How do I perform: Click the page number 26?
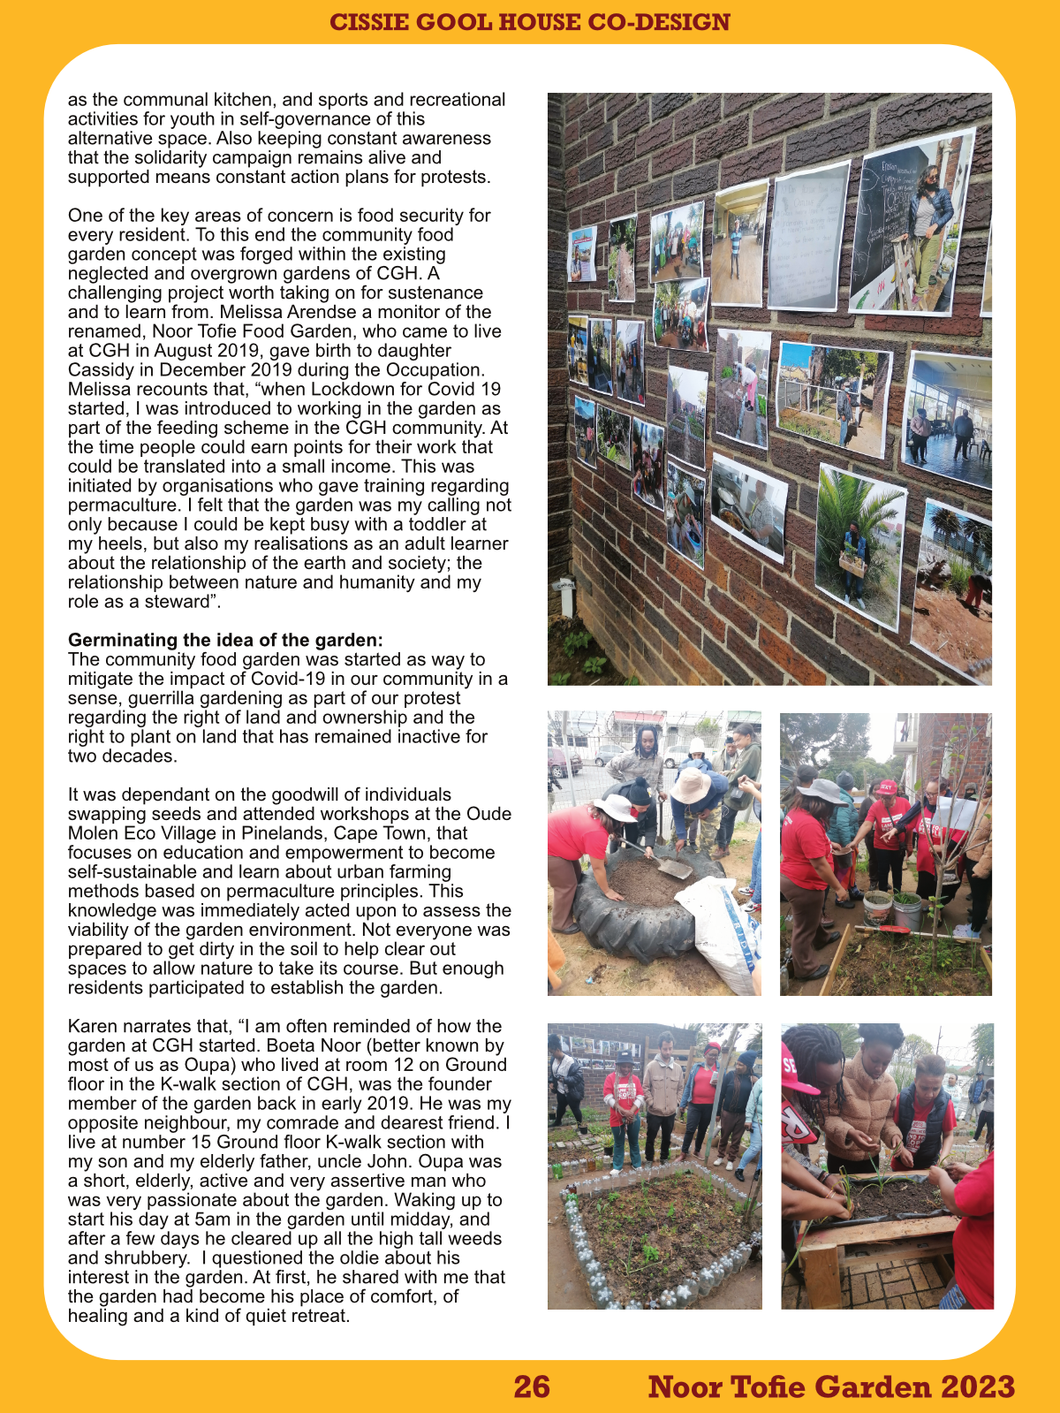click(532, 1386)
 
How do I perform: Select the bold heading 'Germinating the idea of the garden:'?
click(225, 640)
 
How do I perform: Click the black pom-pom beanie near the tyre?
click(640, 790)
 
